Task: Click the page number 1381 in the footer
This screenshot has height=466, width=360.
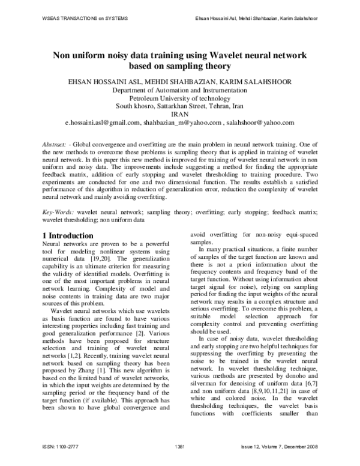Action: tap(180, 446)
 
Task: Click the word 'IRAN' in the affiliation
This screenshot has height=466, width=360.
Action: tap(180, 113)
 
